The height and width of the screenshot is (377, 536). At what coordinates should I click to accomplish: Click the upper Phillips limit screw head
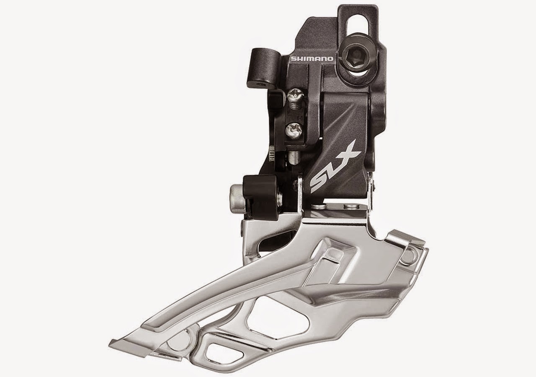[293, 100]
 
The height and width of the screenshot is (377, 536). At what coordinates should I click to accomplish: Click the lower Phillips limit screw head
[292, 131]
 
